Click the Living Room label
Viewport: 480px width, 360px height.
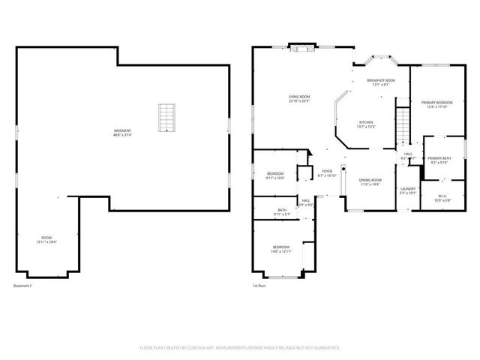[299, 97]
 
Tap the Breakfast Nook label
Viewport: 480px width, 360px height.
[381, 79]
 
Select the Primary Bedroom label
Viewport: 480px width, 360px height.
[436, 102]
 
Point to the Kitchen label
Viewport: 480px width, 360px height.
[365, 122]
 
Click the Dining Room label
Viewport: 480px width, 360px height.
[370, 180]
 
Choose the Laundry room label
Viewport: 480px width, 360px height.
[408, 188]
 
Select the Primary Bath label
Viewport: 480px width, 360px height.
[439, 158]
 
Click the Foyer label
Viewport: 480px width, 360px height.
[327, 171]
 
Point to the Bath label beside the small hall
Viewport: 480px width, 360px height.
[282, 210]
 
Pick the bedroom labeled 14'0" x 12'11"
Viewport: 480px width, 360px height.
[281, 247]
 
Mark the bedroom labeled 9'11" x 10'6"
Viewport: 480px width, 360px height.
[275, 174]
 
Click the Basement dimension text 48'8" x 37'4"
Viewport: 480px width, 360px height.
[122, 136]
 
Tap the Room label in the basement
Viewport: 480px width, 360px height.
[46, 239]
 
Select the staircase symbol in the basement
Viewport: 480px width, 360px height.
[166, 118]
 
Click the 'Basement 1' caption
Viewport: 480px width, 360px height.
[23, 286]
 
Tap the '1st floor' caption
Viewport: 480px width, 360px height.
[259, 286]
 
